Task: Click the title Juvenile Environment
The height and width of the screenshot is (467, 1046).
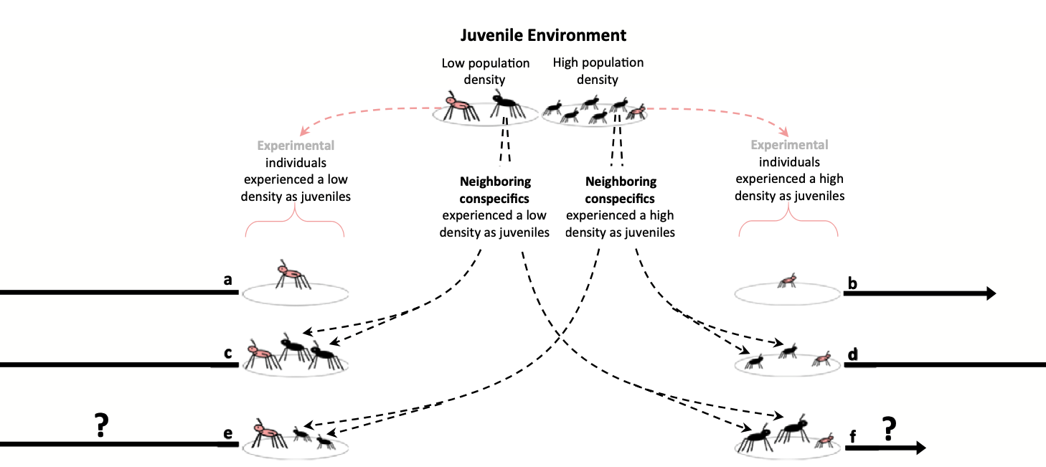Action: [x=543, y=35]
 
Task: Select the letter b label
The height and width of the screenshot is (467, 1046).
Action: [x=852, y=283]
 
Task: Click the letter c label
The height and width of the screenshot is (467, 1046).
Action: [x=227, y=353]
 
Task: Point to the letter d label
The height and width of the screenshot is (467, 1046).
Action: [x=852, y=354]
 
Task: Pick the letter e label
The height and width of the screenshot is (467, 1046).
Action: [x=227, y=433]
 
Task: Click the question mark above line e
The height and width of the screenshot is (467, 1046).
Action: [x=101, y=426]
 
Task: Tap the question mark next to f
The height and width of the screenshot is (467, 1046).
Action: [x=889, y=428]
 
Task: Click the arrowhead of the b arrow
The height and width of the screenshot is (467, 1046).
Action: [x=990, y=293]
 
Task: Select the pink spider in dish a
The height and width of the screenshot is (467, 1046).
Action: [x=290, y=275]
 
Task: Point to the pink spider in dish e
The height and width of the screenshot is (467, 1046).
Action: [x=268, y=433]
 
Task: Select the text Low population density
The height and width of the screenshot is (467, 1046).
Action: [x=485, y=71]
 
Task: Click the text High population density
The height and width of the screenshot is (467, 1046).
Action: [x=598, y=71]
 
